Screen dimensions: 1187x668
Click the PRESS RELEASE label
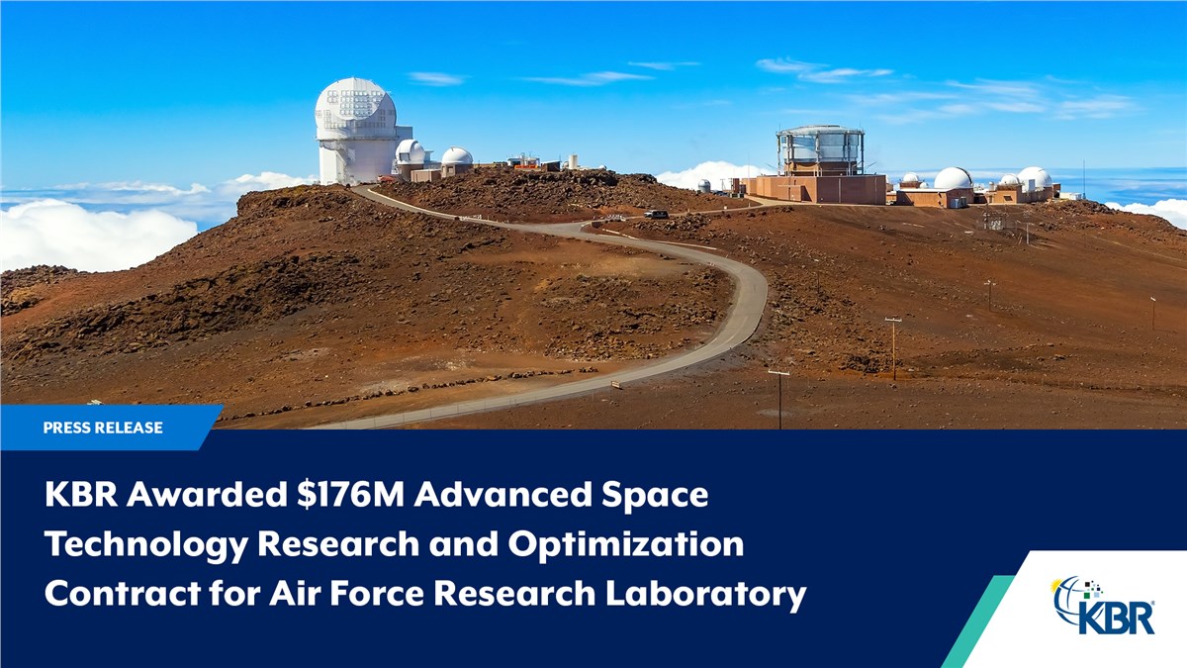click(x=103, y=428)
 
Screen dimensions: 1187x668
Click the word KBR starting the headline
click(x=81, y=495)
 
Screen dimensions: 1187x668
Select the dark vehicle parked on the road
click(x=656, y=214)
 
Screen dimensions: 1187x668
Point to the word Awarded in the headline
click(x=207, y=495)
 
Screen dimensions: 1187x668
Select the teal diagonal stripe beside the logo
click(x=979, y=621)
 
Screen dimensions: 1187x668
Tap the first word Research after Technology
click(x=338, y=545)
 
